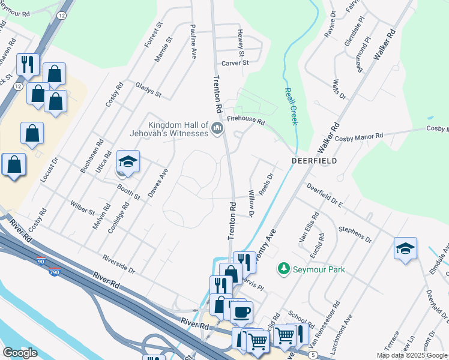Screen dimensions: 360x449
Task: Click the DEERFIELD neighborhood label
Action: (314, 161)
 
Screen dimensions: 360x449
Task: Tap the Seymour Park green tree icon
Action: (285, 270)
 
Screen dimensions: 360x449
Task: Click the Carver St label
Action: (235, 62)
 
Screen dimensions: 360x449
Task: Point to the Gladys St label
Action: (148, 91)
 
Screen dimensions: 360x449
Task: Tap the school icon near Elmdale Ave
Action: (405, 248)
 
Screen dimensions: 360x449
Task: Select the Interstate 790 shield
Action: (54, 272)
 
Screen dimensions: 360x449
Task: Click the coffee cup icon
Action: (241, 312)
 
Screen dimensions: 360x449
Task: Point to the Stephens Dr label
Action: (355, 232)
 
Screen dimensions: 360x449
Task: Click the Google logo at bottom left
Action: (19, 352)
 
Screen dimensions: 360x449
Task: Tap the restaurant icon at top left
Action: (28, 64)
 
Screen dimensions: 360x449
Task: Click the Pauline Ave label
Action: (193, 41)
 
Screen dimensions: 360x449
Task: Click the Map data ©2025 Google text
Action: (412, 355)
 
